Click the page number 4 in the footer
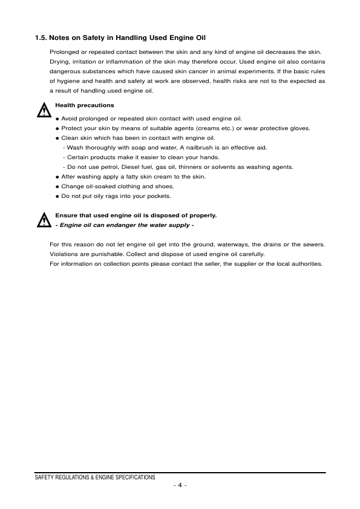click(x=180, y=486)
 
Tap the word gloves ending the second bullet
click(x=299, y=128)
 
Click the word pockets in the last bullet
click(x=160, y=196)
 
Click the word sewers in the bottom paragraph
click(x=315, y=245)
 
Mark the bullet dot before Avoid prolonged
click(x=57, y=119)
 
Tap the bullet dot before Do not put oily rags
click(x=57, y=196)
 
